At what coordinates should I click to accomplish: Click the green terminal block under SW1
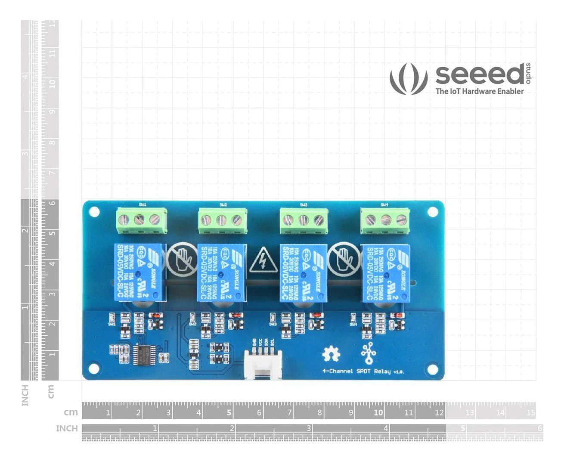(142, 221)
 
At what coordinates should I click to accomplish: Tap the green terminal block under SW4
(385, 221)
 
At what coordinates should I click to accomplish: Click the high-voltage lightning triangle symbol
(263, 260)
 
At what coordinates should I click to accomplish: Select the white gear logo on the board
(331, 354)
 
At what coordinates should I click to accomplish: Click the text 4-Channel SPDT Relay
(363, 371)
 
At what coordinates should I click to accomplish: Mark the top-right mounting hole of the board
(432, 212)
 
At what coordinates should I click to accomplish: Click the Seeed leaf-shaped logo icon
(409, 79)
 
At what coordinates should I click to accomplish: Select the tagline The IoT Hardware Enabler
(479, 91)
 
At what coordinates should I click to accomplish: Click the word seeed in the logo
(479, 74)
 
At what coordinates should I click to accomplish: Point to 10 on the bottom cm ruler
(378, 413)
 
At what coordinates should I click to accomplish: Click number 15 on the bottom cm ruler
(530, 413)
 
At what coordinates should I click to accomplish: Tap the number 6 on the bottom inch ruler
(539, 428)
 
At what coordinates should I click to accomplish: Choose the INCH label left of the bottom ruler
(67, 429)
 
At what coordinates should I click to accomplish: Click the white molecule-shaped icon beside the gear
(368, 354)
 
